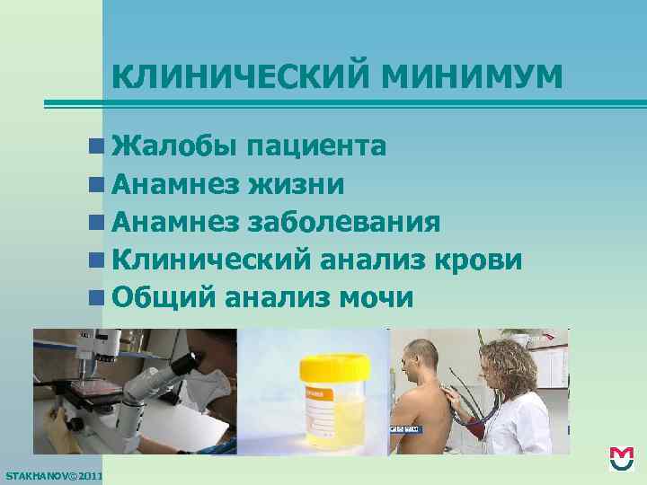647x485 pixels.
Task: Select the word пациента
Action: point(319,145)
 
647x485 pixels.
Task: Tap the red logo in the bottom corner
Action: point(622,458)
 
